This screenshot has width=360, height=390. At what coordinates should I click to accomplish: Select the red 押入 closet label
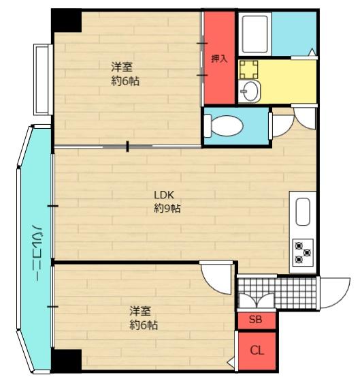click(218, 59)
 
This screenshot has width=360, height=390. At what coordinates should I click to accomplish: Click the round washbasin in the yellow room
click(250, 89)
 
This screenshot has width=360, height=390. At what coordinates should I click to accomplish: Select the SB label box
click(256, 320)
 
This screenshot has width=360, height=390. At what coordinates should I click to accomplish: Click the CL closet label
click(257, 351)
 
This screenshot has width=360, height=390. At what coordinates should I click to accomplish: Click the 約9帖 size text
click(167, 209)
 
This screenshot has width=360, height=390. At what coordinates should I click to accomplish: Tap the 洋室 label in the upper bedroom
click(122, 67)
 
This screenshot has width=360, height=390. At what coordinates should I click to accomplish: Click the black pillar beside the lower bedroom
click(67, 360)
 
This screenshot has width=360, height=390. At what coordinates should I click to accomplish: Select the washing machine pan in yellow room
click(250, 67)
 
